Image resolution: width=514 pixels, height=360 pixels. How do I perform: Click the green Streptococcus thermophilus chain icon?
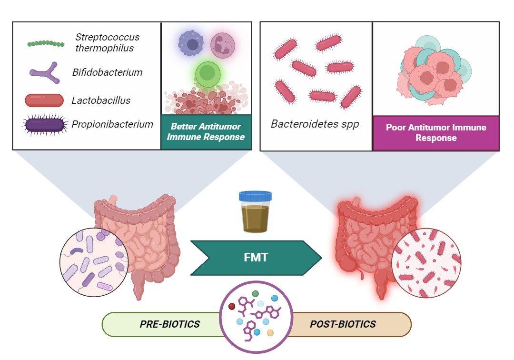tap(45, 44)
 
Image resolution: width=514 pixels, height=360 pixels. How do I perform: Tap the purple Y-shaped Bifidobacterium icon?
tap(44, 73)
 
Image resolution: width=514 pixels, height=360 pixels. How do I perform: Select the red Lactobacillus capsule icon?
tap(44, 100)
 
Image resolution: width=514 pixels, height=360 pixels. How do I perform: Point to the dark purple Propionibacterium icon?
tap(44, 125)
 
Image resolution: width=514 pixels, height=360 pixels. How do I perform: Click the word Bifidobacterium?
tap(108, 73)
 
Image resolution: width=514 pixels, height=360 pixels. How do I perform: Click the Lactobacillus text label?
tap(101, 100)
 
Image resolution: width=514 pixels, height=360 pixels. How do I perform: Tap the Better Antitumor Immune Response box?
tap(206, 132)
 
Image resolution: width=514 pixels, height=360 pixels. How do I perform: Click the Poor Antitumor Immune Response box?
tap(435, 133)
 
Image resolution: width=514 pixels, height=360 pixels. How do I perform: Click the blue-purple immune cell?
tap(191, 44)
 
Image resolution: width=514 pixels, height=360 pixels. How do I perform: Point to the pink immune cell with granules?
tap(223, 46)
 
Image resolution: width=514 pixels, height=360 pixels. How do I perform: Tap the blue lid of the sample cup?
tap(255, 196)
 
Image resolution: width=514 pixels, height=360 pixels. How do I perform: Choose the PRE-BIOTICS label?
tap(169, 324)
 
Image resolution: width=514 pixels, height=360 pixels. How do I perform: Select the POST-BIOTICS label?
tap(343, 324)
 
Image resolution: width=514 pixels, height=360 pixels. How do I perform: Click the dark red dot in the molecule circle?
tap(232, 306)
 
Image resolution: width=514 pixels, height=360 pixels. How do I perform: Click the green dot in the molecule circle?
tap(256, 293)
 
